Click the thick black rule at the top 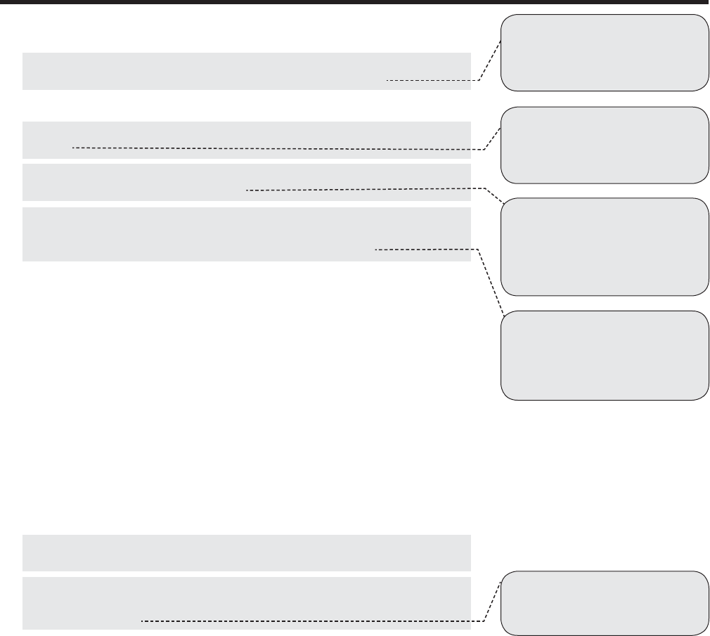[355, 3]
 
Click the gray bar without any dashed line [246, 552]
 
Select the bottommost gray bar [246, 603]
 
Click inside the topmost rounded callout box [604, 53]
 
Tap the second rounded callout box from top [604, 145]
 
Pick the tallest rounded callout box [604, 247]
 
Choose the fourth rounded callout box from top [604, 356]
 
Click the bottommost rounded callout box [604, 603]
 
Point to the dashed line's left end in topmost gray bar [387, 81]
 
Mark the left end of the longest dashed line [73, 148]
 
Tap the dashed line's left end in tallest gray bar [376, 249]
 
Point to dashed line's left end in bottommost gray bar [142, 621]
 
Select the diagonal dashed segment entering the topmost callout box [491, 60]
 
